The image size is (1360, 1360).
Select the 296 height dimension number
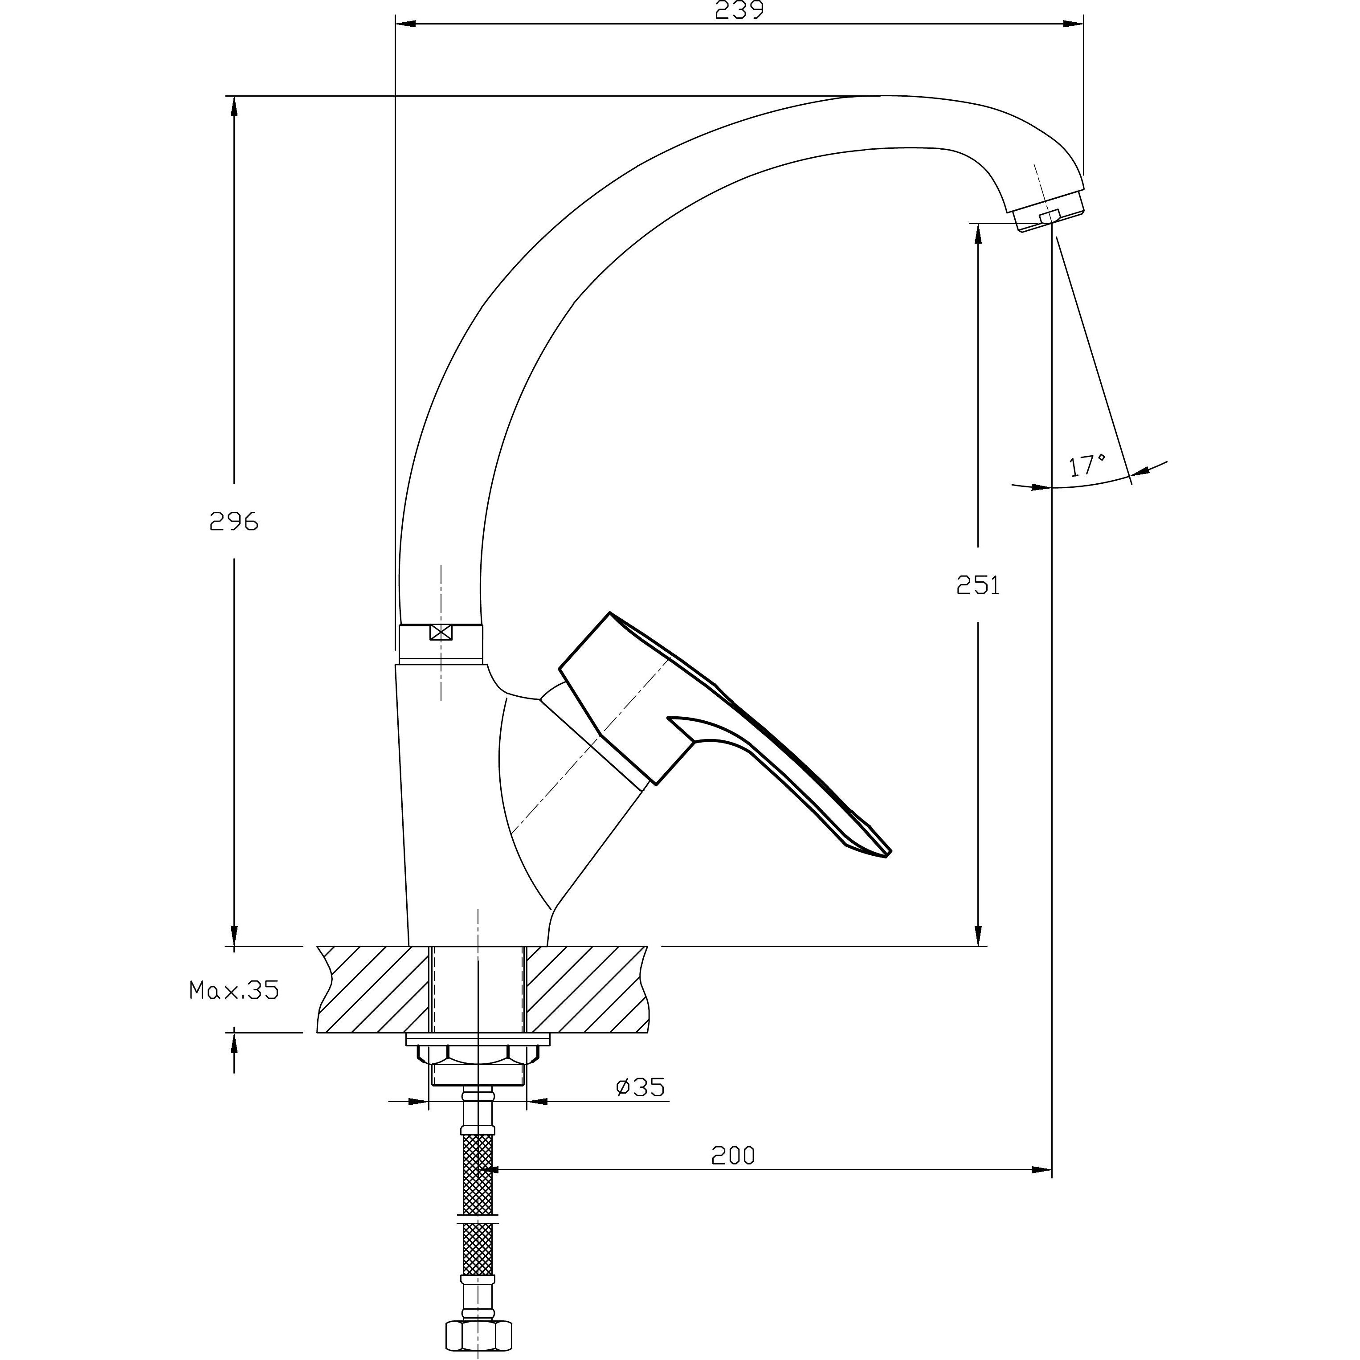234,522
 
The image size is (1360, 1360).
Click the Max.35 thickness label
234,990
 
